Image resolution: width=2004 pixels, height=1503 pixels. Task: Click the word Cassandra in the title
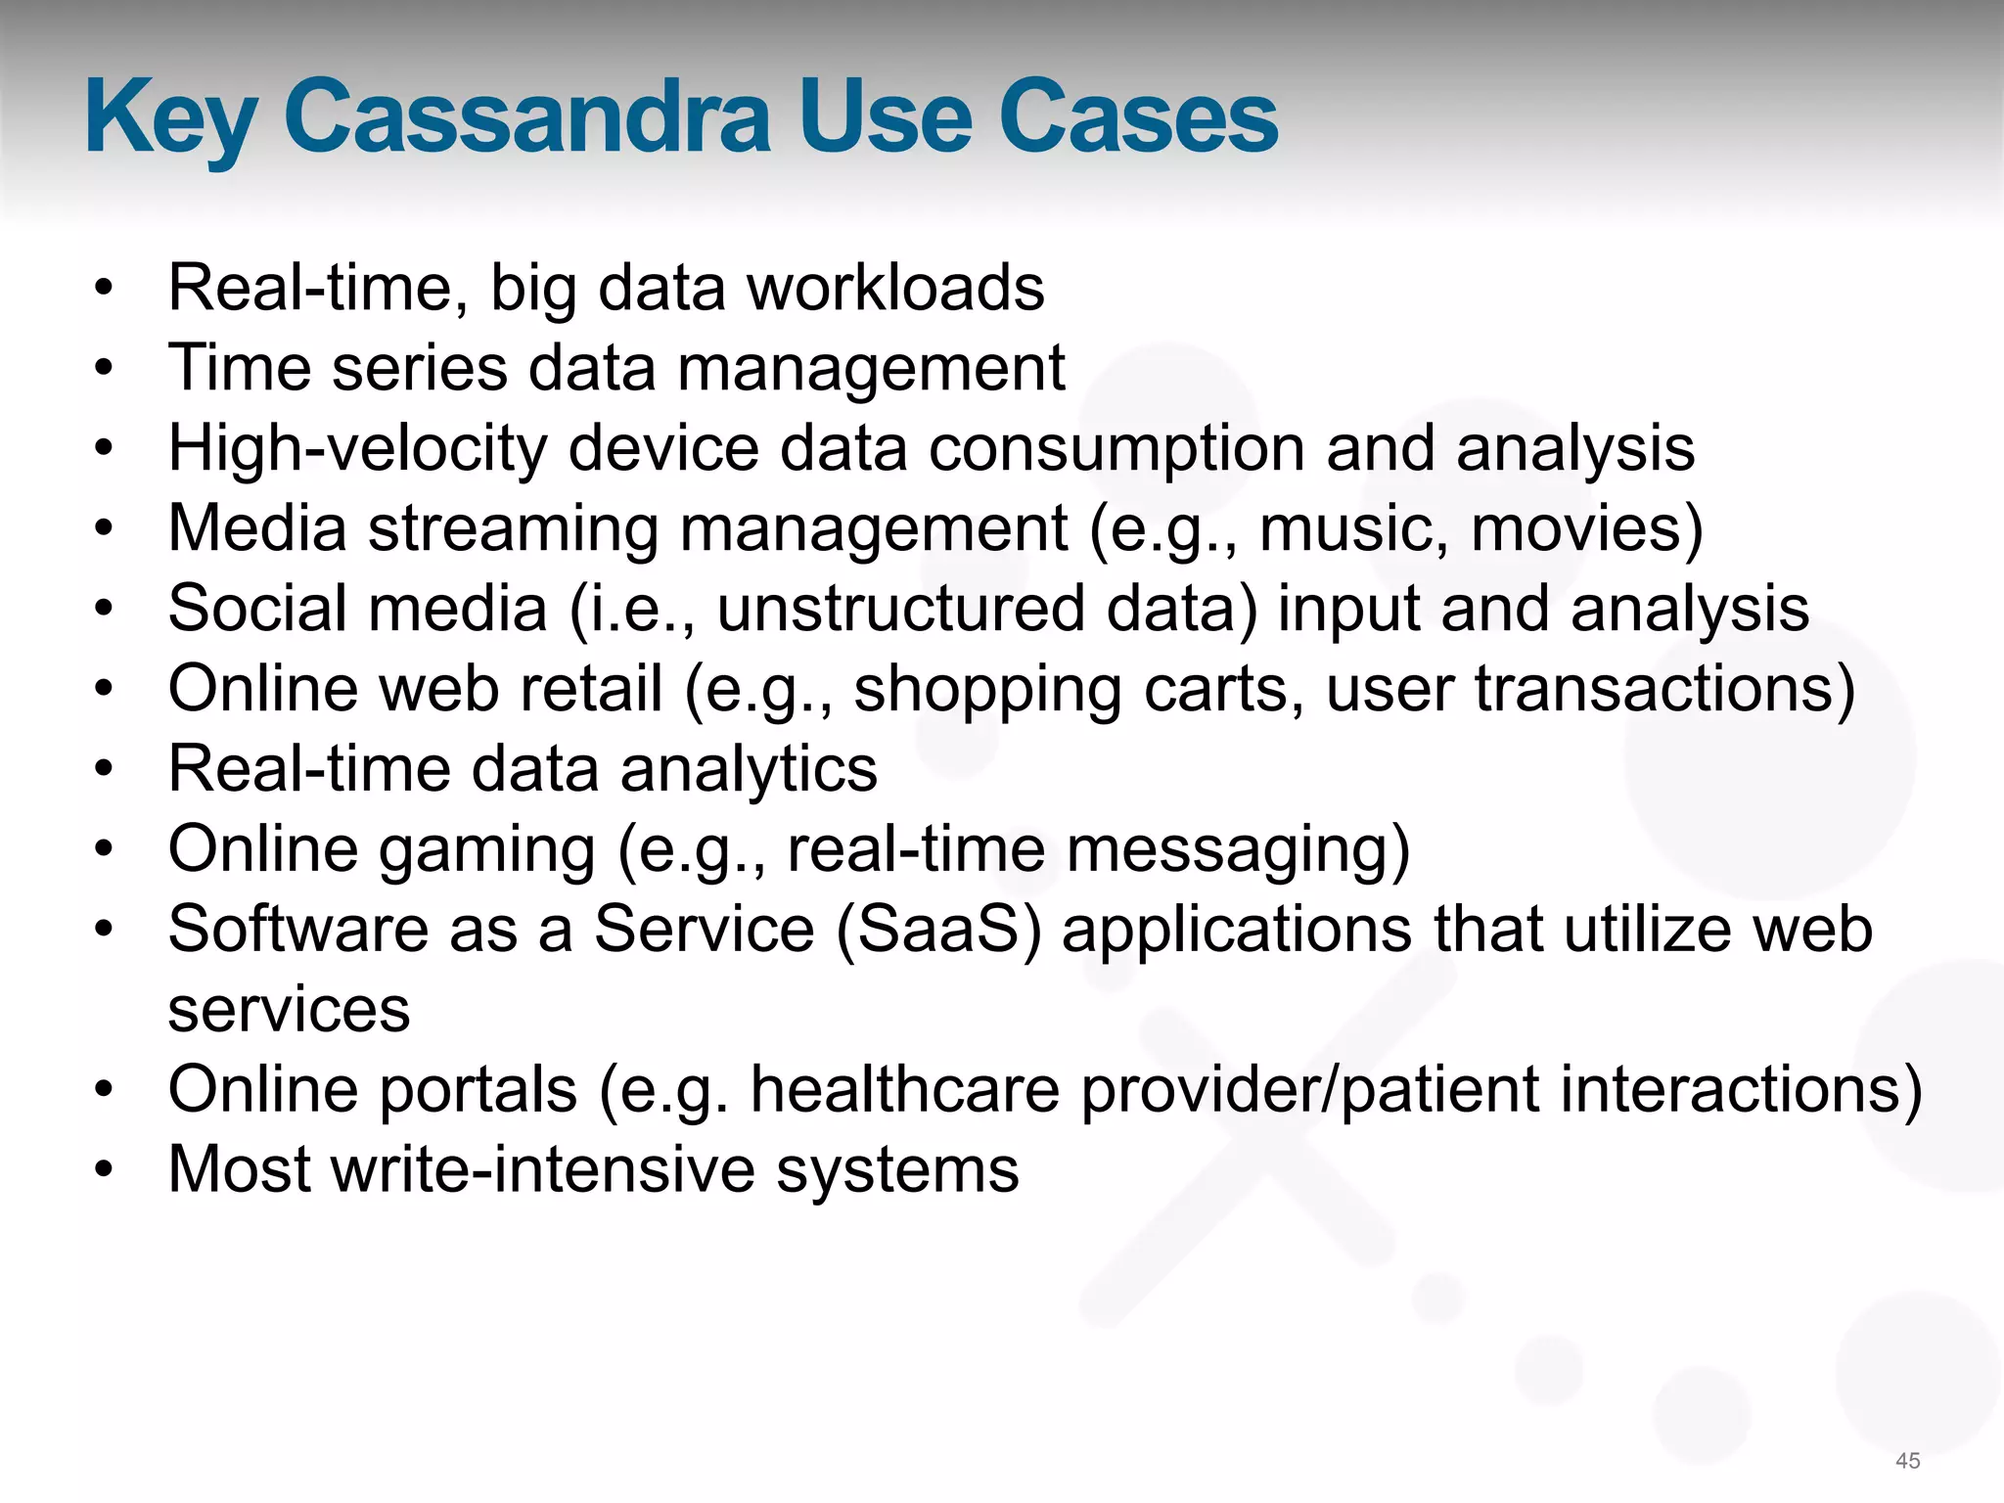click(528, 117)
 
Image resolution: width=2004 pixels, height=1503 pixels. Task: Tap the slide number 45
click(1907, 1461)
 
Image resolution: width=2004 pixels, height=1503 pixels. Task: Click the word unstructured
click(900, 610)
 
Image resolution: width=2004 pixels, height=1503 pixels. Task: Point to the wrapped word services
click(289, 1011)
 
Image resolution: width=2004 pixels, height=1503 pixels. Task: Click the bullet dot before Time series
click(104, 369)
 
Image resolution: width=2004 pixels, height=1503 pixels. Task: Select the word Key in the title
click(169, 119)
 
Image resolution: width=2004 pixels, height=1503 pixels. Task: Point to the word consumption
click(1116, 449)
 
